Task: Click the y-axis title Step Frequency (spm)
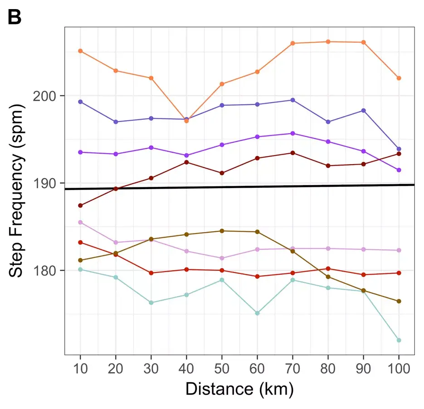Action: (x=17, y=191)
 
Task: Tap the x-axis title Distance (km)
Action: (x=239, y=389)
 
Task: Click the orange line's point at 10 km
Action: (x=80, y=51)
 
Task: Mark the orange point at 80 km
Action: (x=328, y=42)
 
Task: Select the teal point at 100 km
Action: (x=399, y=340)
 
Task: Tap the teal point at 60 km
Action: (x=257, y=313)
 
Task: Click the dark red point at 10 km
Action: (x=80, y=205)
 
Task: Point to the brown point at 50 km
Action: (x=222, y=231)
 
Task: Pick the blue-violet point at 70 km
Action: (x=292, y=100)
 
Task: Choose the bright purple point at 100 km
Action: (x=399, y=170)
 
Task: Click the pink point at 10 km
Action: (x=80, y=222)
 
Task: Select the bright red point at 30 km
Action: (x=151, y=273)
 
